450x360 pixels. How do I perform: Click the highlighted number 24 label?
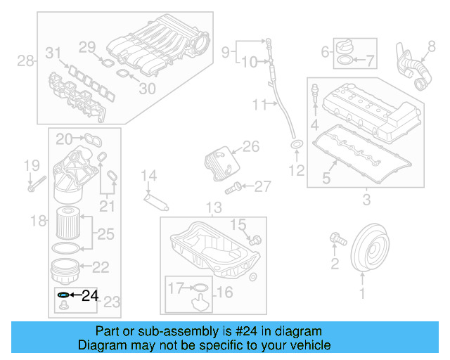point(89,295)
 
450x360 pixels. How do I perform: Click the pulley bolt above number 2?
point(337,240)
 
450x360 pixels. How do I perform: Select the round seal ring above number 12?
point(297,146)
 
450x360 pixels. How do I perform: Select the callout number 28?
point(25,61)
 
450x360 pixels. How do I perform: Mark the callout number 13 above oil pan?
point(213,208)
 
